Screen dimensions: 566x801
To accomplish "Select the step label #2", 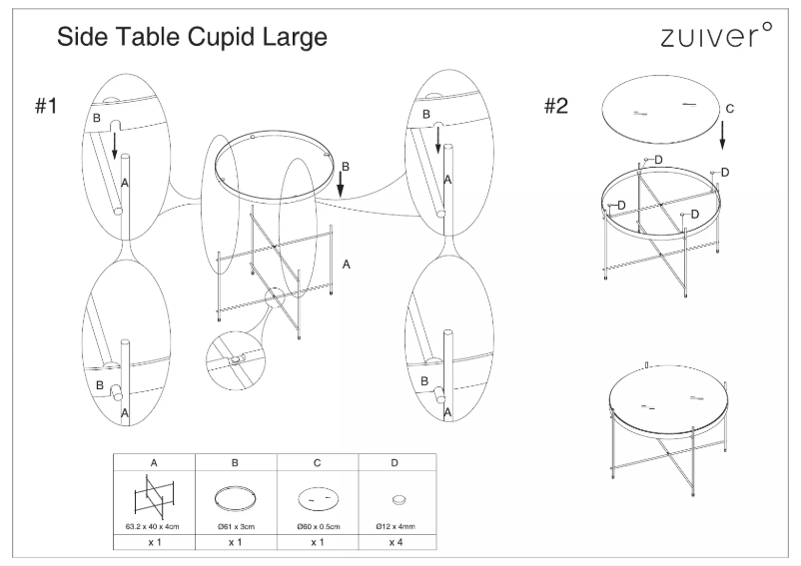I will [x=555, y=107].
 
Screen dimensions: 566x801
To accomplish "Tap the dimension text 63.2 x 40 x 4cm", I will [x=154, y=524].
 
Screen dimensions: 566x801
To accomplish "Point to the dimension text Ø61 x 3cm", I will [x=235, y=524].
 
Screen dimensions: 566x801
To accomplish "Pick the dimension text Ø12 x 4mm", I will [x=397, y=524].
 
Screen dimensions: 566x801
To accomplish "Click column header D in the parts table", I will [x=397, y=463].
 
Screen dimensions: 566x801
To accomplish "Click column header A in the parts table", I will [x=154, y=463].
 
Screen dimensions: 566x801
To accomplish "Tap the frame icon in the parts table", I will [x=154, y=496].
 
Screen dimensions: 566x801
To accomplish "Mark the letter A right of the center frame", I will [x=346, y=265].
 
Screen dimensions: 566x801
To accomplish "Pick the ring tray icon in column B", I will [x=235, y=498].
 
